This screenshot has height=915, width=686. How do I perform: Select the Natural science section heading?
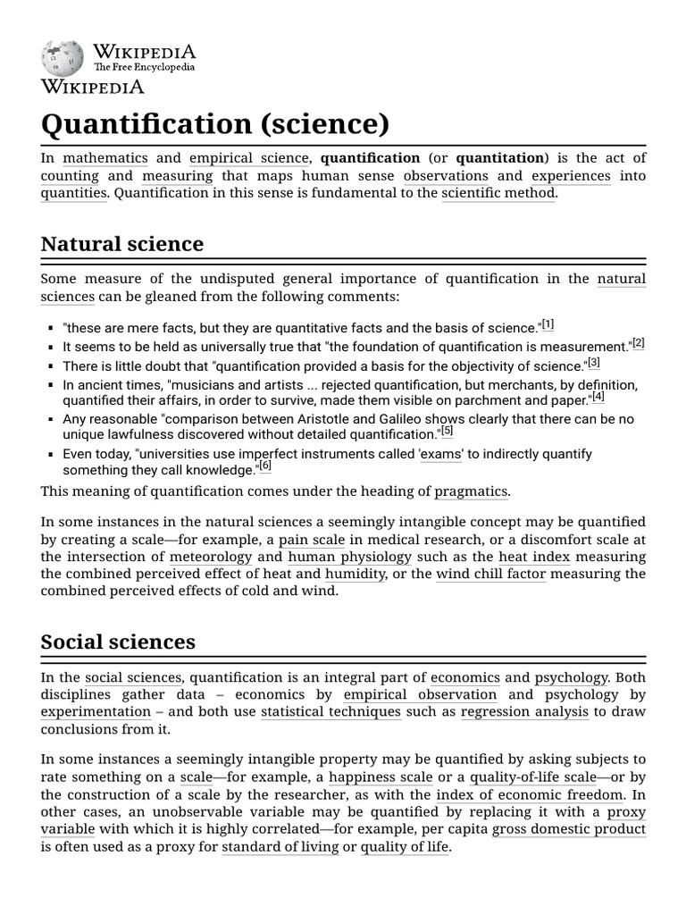tap(122, 243)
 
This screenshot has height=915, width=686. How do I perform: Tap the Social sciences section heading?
tap(118, 642)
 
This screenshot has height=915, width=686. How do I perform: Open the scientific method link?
tap(498, 193)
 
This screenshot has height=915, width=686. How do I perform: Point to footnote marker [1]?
tap(548, 323)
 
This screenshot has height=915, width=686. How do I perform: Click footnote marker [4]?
tap(598, 397)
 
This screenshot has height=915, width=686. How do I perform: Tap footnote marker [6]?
tap(265, 466)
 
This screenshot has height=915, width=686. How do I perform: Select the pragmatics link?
tap(471, 491)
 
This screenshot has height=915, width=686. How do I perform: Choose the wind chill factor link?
tap(490, 574)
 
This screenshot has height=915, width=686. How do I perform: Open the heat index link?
tap(534, 557)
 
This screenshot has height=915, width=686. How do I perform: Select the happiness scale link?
tap(381, 777)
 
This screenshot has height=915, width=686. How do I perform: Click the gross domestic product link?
tap(568, 828)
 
